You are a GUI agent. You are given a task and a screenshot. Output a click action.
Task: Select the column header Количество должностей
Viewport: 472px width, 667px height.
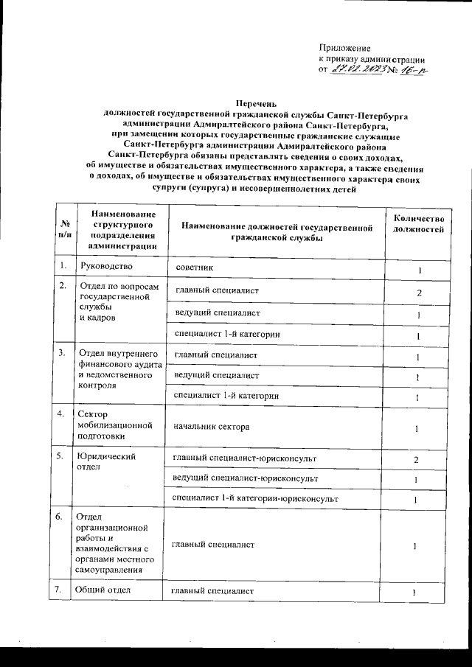[x=418, y=225]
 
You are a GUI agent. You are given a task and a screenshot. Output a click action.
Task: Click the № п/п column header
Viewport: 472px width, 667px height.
[x=65, y=229]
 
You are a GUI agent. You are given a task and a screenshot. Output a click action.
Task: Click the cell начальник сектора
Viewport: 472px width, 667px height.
[x=211, y=427]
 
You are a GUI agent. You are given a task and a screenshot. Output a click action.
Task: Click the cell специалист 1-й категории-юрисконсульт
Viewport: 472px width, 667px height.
[x=254, y=500]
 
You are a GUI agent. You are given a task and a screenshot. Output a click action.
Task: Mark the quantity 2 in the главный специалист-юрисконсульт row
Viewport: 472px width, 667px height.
[x=417, y=460]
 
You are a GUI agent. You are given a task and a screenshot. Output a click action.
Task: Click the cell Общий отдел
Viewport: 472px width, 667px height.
[x=103, y=591]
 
